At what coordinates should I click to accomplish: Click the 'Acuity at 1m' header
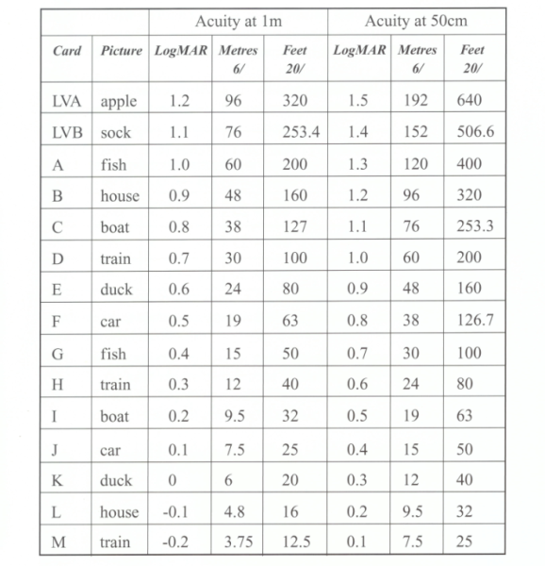click(x=239, y=21)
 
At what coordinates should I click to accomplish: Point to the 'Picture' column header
click(x=121, y=48)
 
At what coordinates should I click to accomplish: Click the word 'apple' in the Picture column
click(x=119, y=101)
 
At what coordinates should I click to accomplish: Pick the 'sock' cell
click(x=117, y=132)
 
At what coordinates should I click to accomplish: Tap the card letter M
click(x=58, y=542)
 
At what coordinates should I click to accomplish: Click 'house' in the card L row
click(x=119, y=511)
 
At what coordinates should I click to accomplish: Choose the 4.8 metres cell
click(x=233, y=511)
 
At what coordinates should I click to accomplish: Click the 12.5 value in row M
click(x=295, y=542)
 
